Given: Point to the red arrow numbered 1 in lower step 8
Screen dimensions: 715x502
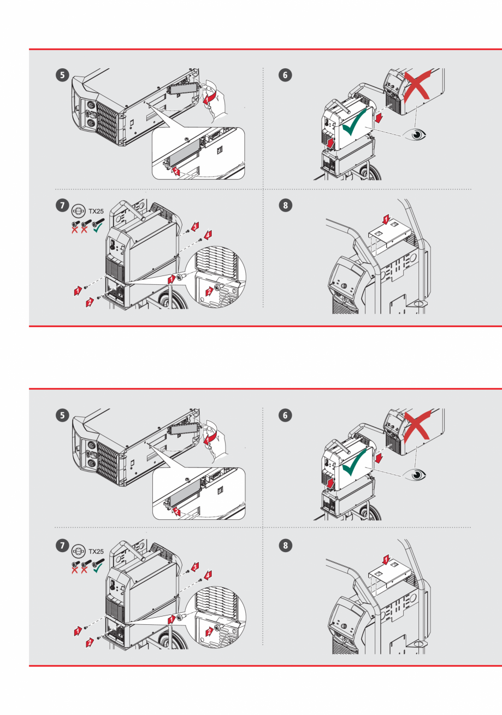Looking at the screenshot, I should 385,560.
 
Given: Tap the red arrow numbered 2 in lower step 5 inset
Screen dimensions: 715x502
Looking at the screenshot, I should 176,512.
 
